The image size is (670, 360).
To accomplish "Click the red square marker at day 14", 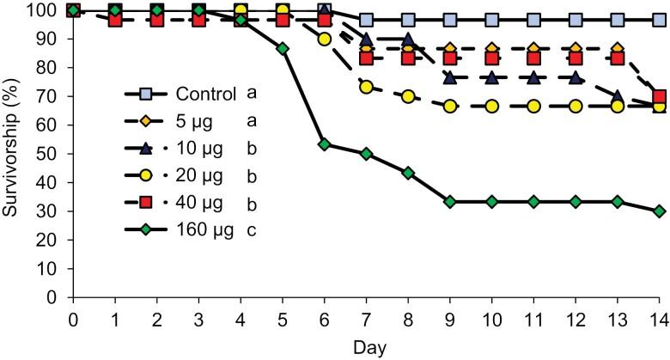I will coord(659,97).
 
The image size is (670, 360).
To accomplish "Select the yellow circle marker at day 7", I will coord(366,88).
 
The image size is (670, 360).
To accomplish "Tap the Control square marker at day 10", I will coord(491,20).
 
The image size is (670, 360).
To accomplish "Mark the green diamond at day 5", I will coord(283,49).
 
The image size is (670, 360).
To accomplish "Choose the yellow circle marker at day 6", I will coord(325,39).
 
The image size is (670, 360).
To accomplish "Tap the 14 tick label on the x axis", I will coord(658,318).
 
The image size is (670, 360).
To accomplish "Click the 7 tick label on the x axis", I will coord(366,318).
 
